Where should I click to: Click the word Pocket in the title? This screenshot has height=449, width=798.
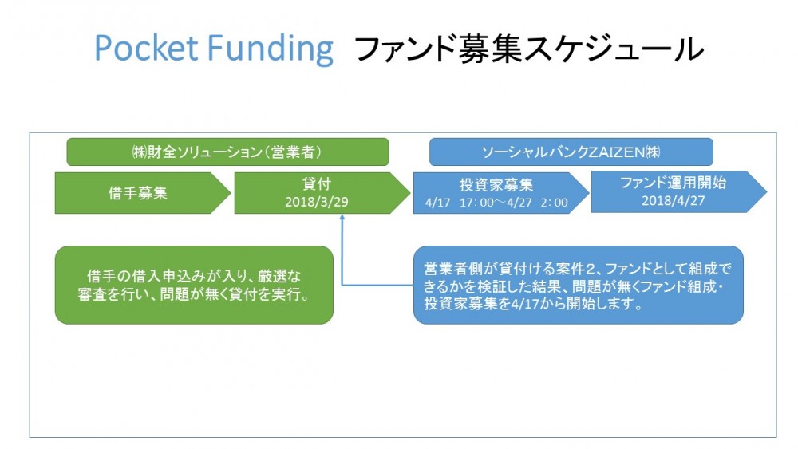[146, 48]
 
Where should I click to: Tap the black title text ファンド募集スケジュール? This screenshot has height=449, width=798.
[528, 49]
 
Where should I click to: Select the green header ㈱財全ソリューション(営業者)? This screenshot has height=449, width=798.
[227, 152]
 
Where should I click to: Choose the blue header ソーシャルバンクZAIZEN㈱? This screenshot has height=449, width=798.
[571, 152]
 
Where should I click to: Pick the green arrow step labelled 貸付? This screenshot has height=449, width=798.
[322, 193]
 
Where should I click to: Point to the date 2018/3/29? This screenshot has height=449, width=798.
[317, 202]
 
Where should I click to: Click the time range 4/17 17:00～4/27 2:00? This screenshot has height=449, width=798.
[496, 203]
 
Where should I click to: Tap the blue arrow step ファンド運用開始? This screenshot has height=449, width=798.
[678, 191]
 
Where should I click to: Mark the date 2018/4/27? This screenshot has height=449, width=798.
[673, 200]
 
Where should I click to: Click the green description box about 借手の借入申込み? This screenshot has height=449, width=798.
[194, 285]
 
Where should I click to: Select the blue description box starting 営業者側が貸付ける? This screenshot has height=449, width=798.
[578, 285]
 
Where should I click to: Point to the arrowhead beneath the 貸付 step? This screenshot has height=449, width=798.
[342, 217]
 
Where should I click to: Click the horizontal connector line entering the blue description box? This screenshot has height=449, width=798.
[377, 285]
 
